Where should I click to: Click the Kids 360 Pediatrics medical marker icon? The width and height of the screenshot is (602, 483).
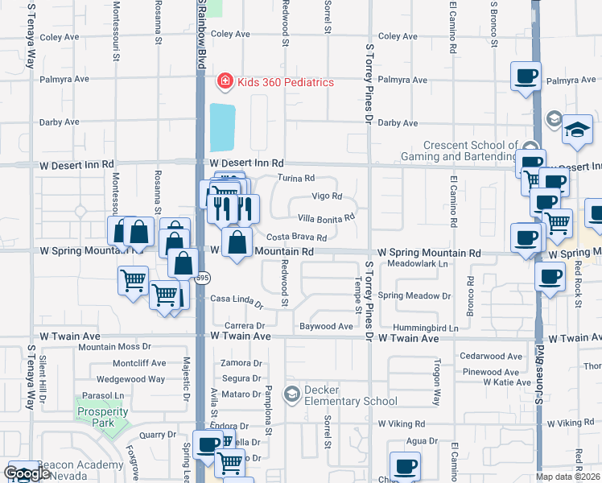[x=225, y=82]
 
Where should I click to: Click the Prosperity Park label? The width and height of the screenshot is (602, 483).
[x=102, y=412]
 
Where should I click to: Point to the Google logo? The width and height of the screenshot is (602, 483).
[x=27, y=473]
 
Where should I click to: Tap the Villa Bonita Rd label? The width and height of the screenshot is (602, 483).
[x=326, y=217]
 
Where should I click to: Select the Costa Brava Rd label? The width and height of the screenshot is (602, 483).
[x=296, y=237]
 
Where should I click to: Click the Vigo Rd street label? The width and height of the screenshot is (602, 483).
[x=327, y=196]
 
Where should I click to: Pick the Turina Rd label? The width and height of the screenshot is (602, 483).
[x=295, y=178]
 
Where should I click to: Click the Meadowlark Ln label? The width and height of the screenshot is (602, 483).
[x=417, y=263]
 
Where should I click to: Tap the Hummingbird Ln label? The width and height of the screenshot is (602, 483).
[x=425, y=328]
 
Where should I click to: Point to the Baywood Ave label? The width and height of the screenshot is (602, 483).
[x=326, y=326]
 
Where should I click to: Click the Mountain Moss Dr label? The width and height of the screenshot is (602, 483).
[x=120, y=347]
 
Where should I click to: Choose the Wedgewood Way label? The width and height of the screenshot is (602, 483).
[x=130, y=378]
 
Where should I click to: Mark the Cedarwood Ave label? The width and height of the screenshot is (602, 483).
[x=491, y=356]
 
